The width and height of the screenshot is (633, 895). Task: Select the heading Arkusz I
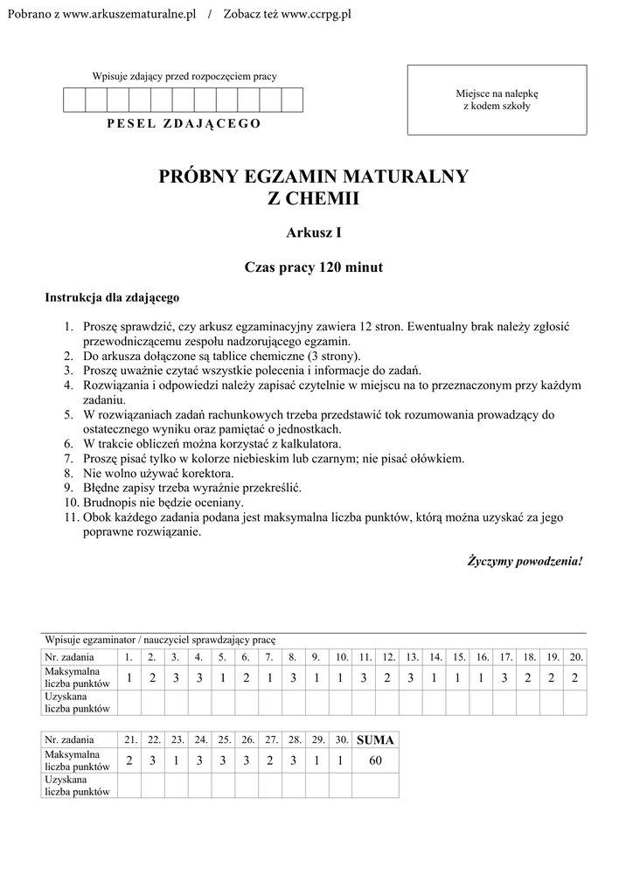[x=314, y=232]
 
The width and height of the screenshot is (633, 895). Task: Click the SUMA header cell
[x=376, y=739]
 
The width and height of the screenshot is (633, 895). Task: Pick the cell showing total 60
[x=376, y=761]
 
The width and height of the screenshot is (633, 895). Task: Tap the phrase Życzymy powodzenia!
[x=525, y=560]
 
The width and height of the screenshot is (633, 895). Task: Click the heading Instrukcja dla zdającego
[x=112, y=298]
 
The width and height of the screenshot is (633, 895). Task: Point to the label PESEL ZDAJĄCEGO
[x=184, y=123]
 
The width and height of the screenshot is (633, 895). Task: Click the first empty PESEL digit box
[x=74, y=101]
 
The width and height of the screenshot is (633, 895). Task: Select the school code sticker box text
[x=497, y=100]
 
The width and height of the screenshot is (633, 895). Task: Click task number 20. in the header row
[x=575, y=656]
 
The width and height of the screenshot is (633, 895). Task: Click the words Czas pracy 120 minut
[x=314, y=267]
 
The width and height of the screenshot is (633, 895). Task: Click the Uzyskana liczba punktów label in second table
[x=78, y=785]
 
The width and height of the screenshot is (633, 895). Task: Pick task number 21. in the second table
[x=129, y=739]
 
